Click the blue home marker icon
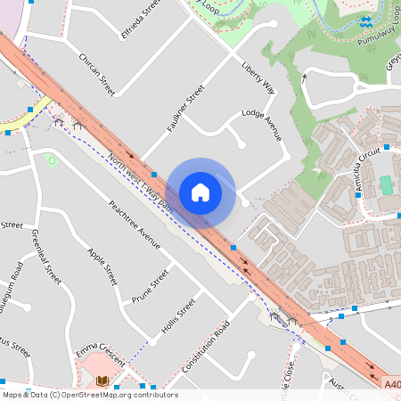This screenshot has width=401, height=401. tap(200, 192)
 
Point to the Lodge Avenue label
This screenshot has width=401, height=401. tap(262, 126)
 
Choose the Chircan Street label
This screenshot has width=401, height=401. tap(97, 74)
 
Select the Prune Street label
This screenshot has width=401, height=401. tap(150, 285)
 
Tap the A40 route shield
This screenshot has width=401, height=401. tap(392, 384)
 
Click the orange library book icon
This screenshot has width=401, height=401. tap(102, 381)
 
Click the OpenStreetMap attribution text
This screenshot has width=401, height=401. tap(90, 395)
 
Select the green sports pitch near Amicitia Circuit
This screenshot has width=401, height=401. tap(386, 185)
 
